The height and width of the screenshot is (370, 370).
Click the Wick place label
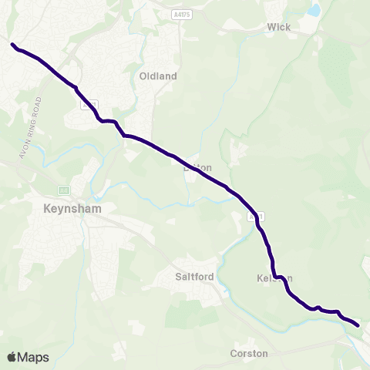(277, 27)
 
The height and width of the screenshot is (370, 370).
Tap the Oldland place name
(158, 76)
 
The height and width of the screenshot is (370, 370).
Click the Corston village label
(249, 353)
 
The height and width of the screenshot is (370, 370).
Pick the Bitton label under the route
(197, 167)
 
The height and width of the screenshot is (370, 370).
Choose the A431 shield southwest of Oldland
(89, 103)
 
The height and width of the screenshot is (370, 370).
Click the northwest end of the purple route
(12, 45)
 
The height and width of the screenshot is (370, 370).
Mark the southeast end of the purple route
(358, 326)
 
